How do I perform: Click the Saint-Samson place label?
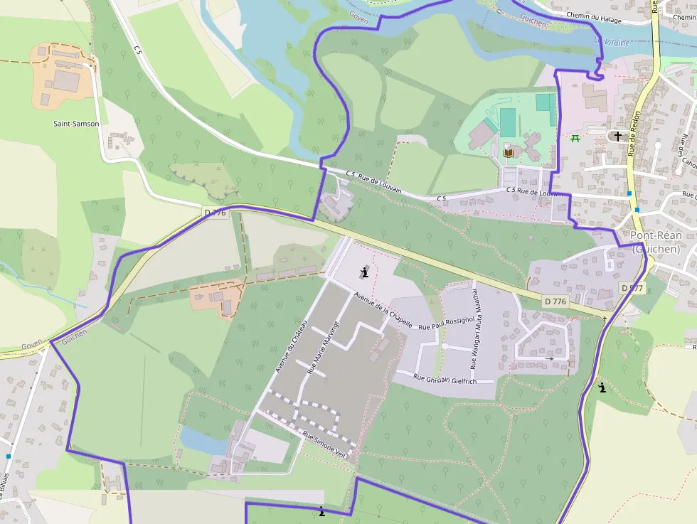coord(77,124)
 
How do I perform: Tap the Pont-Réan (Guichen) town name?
coord(656,242)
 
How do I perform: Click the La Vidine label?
coord(612,43)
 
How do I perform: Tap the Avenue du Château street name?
coord(294,345)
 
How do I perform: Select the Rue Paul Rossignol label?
coord(446,324)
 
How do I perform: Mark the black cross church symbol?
coord(617,136)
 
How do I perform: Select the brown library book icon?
coord(508,152)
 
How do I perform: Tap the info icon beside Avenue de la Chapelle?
coord(365,272)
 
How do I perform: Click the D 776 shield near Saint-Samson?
coord(215,213)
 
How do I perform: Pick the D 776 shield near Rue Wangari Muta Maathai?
coord(555,301)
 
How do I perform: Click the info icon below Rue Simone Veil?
coord(322,511)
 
